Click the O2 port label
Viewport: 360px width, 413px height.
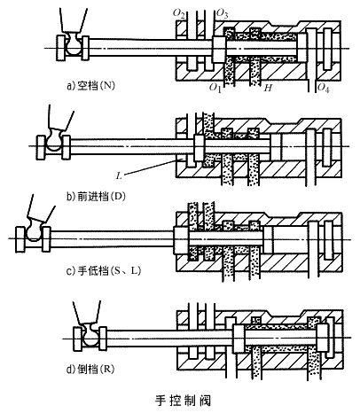click(x=179, y=13)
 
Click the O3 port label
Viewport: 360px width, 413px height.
click(x=223, y=13)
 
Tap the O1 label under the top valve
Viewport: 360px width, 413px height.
click(x=215, y=88)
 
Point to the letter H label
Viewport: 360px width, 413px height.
click(x=268, y=88)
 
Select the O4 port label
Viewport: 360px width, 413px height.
click(x=323, y=88)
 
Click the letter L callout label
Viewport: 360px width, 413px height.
click(x=119, y=176)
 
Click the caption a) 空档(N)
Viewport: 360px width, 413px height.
click(x=91, y=86)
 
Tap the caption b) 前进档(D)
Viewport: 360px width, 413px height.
click(x=96, y=197)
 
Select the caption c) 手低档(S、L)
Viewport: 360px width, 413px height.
click(x=104, y=270)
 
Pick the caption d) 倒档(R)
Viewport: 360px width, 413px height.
click(x=90, y=369)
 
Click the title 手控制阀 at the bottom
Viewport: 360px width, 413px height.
click(x=184, y=401)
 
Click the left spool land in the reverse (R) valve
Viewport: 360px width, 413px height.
click(x=239, y=338)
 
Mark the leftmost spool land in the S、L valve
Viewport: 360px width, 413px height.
click(x=180, y=239)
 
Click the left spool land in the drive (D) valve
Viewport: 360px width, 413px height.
click(x=199, y=147)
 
